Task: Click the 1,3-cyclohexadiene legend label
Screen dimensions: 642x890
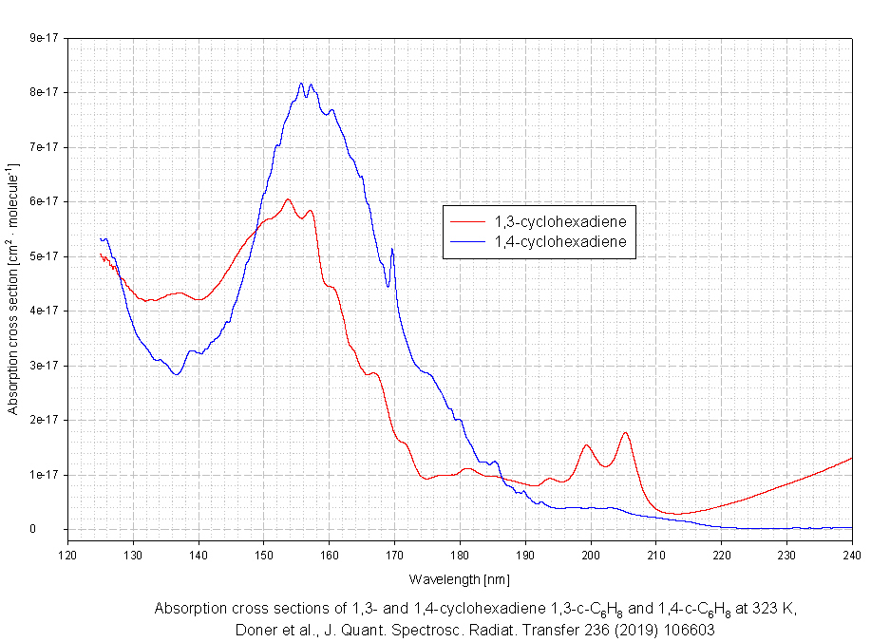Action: point(559,222)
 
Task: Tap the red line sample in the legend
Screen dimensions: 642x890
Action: point(466,222)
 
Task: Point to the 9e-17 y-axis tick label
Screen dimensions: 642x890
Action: point(44,38)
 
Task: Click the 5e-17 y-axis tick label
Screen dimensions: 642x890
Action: point(44,256)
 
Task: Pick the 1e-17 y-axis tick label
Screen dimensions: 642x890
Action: point(44,475)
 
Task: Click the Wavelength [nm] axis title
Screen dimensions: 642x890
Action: point(460,578)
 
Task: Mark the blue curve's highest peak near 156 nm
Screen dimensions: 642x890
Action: point(301,84)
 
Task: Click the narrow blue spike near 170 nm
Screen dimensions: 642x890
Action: point(391,249)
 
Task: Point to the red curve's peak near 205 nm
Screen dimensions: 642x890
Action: point(625,433)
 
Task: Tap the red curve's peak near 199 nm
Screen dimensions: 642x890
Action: point(586,445)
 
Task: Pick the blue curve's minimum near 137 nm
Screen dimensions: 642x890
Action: point(176,374)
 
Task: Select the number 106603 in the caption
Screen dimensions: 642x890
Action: point(687,629)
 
